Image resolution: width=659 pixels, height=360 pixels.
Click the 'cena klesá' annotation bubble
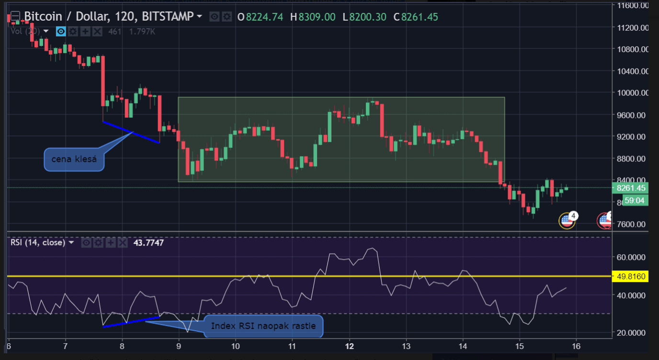[x=74, y=159]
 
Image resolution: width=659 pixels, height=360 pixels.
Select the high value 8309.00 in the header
[x=317, y=17]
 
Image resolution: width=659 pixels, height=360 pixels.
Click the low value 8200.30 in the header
[x=367, y=17]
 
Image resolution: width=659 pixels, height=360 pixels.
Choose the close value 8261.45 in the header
[x=420, y=17]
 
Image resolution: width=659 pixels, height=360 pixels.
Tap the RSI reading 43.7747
[x=148, y=243]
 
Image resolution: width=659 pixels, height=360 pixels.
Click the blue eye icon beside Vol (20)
[x=60, y=32]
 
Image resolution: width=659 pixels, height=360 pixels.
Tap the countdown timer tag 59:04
[x=635, y=201]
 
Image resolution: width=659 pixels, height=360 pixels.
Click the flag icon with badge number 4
[x=567, y=220]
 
